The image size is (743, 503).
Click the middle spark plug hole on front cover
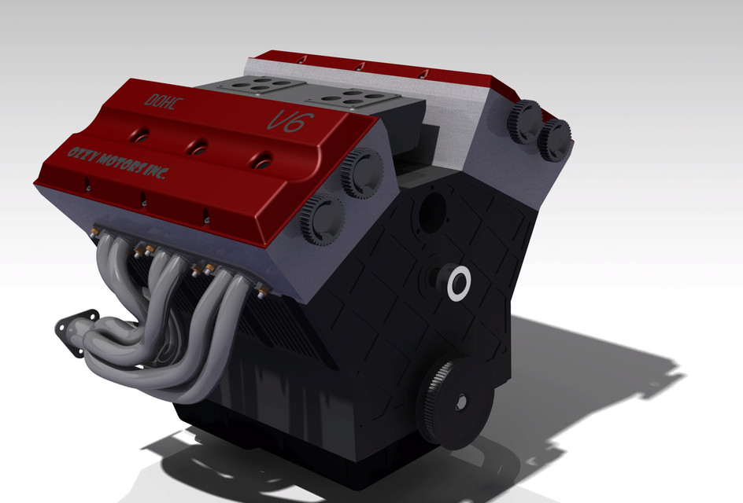coord(198,145)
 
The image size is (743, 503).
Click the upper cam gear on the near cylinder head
coord(363,172)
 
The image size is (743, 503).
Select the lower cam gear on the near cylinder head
coord(323,219)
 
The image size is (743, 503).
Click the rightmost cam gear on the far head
coord(554,140)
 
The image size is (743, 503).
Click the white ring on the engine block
coord(457,283)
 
